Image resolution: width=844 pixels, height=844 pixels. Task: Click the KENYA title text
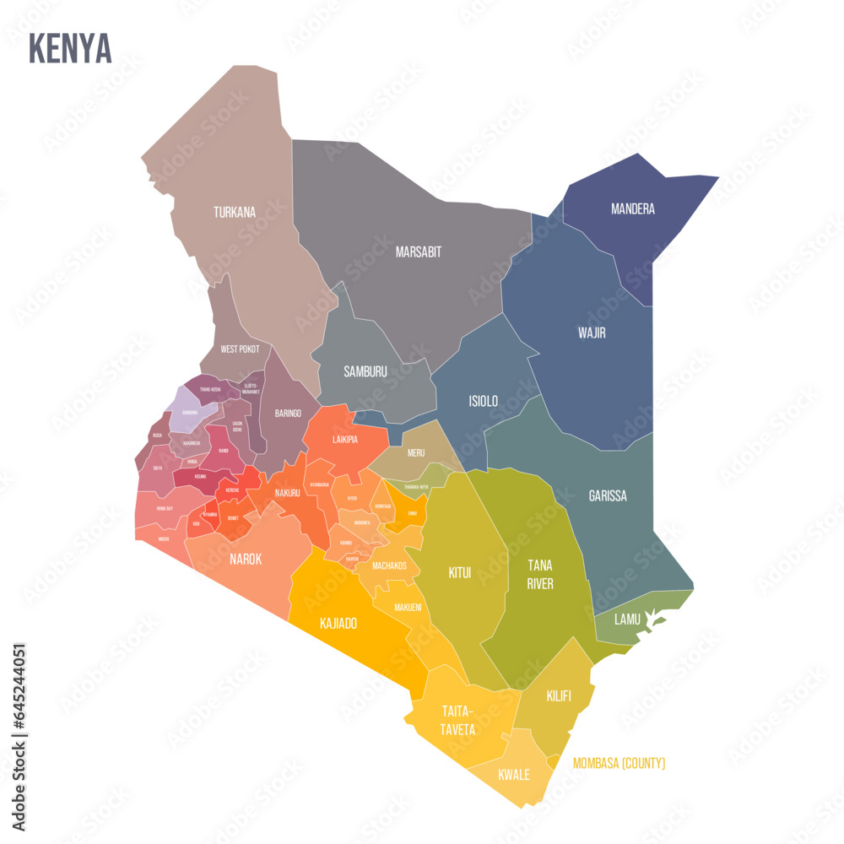tap(70, 49)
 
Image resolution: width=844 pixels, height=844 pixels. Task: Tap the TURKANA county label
tap(234, 213)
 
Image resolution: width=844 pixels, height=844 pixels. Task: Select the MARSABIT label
tap(418, 252)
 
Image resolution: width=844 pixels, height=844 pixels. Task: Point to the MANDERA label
tap(632, 209)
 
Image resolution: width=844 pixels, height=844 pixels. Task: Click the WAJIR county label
tap(591, 333)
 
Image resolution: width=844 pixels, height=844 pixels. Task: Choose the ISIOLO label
tap(483, 402)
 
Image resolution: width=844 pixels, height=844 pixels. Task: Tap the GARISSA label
tap(608, 496)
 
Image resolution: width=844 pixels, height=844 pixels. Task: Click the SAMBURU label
tap(365, 371)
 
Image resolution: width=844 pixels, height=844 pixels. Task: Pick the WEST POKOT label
tap(240, 349)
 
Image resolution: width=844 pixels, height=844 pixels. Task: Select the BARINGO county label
tap(287, 414)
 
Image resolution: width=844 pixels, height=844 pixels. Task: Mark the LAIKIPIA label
tap(343, 440)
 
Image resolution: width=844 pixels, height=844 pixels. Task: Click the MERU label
tap(415, 452)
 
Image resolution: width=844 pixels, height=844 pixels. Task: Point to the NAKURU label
tap(287, 492)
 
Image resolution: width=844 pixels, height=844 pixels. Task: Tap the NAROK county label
tap(246, 559)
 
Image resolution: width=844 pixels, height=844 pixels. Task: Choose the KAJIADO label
tap(338, 624)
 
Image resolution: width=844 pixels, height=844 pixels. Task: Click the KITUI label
tap(459, 573)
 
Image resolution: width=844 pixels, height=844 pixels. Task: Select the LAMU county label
tap(626, 619)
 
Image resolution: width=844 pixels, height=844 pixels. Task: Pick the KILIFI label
tap(558, 696)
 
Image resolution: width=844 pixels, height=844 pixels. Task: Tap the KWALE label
tap(513, 775)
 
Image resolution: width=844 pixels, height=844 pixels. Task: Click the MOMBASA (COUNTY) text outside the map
tap(619, 764)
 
